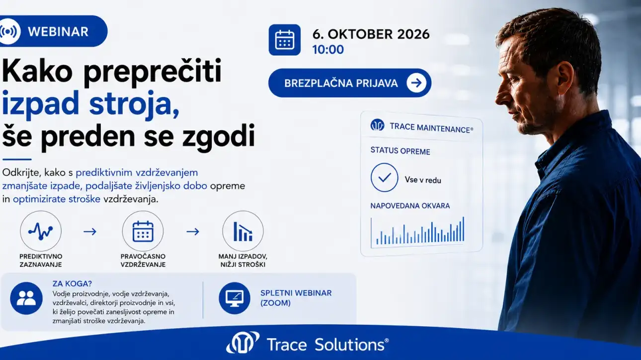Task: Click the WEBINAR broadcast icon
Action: click(8, 31)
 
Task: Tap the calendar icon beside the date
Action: click(284, 40)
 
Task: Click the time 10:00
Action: click(328, 50)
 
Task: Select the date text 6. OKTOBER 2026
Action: click(371, 34)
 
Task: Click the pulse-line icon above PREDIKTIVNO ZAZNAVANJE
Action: click(41, 231)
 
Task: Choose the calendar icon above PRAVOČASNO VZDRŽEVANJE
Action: click(143, 231)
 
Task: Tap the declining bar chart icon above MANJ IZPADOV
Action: click(243, 231)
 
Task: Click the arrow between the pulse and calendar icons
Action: click(90, 231)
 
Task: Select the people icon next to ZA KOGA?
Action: click(26, 298)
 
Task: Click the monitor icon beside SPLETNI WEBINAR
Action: click(235, 298)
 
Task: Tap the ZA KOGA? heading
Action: click(72, 284)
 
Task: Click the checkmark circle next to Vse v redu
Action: click(384, 178)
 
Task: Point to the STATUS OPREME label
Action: click(401, 151)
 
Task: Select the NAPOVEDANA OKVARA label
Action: click(410, 206)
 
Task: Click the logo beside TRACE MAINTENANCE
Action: click(378, 125)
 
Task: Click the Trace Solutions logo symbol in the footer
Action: click(242, 342)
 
